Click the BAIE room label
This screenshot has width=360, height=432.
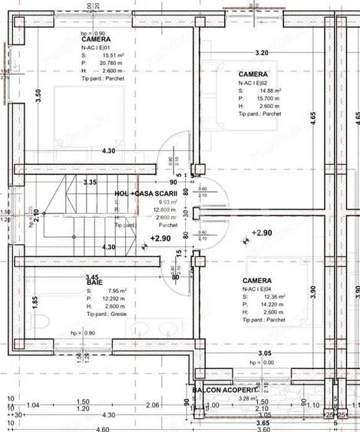94,282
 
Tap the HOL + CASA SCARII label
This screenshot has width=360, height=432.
146,193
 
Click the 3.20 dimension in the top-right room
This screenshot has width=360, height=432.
262,53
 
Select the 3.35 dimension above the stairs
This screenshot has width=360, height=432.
90,183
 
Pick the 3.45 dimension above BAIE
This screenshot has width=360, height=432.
93,276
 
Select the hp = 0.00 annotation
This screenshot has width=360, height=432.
262,362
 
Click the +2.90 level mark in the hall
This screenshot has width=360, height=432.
160,239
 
